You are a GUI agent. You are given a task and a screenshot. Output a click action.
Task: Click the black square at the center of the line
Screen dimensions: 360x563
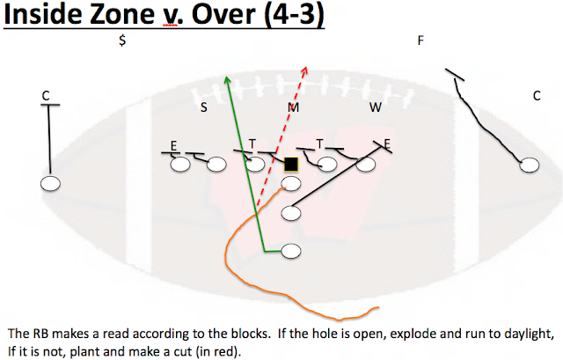290,164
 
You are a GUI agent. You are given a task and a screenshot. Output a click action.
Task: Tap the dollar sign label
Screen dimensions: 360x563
123,40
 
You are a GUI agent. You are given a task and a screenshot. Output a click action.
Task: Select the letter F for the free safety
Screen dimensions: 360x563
421,40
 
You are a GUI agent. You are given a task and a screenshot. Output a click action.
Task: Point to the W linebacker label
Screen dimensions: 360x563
376,107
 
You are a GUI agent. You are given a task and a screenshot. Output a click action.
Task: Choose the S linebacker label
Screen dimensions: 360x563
204,107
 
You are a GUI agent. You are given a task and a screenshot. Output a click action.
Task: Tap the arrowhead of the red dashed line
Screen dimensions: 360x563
305,67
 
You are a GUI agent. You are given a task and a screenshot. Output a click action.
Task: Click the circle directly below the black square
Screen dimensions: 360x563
291,183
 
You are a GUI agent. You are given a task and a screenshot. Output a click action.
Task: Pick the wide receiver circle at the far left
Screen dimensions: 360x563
50,183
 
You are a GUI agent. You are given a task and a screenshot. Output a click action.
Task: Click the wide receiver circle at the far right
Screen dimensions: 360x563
530,165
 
